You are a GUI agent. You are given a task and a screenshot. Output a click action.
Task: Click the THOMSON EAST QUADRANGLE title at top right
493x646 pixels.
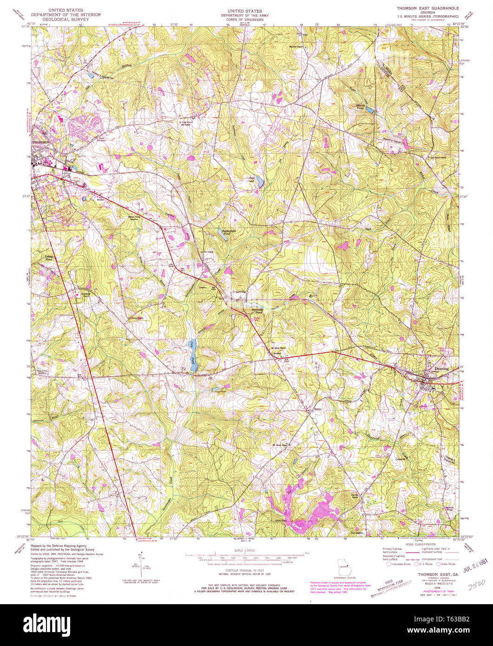click(x=427, y=9)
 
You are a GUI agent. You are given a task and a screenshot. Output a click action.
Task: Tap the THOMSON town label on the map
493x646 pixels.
click(x=40, y=142)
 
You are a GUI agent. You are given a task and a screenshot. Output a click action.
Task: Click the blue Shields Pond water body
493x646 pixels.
click(x=369, y=110)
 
